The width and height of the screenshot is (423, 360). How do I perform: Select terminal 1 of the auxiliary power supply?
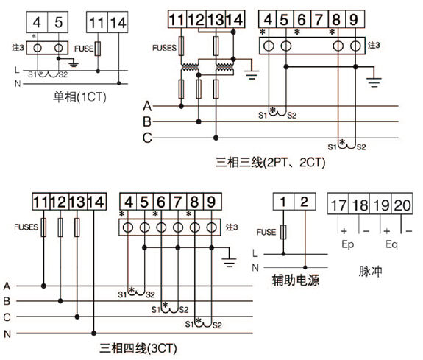(283, 202)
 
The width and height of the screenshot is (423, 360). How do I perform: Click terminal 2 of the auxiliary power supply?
(305, 202)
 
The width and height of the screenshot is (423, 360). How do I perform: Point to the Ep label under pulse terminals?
(348, 244)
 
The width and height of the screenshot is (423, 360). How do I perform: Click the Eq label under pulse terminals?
(391, 244)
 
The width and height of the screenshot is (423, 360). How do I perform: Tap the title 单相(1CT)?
(79, 97)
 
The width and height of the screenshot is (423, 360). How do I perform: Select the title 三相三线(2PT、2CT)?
(270, 163)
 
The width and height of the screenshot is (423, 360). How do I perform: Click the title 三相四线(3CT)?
(138, 348)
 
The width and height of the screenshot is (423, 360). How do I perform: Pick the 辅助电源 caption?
(296, 280)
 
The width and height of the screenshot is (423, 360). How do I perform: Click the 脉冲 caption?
(370, 271)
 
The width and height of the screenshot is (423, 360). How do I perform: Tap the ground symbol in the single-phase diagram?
(74, 64)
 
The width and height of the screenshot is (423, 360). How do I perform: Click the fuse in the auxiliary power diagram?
(283, 232)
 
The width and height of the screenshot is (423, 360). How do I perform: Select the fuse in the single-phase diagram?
(98, 49)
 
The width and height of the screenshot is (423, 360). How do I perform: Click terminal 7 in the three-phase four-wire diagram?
(178, 202)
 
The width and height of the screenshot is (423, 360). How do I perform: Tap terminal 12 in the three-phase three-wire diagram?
(196, 19)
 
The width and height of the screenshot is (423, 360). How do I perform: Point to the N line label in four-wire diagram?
(7, 333)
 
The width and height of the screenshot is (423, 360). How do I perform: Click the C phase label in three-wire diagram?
(147, 138)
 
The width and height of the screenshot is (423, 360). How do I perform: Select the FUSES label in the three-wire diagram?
(164, 48)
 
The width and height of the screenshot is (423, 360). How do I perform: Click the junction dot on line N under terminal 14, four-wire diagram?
(93, 333)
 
